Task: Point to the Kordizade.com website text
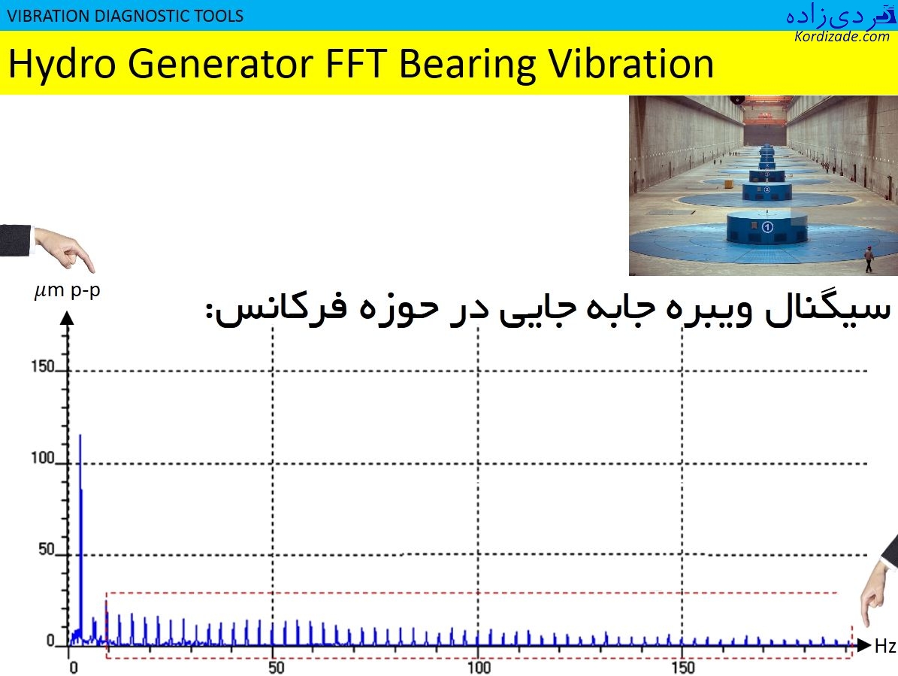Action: click(x=842, y=36)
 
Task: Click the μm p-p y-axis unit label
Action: click(x=67, y=291)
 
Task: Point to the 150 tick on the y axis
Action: click(x=42, y=368)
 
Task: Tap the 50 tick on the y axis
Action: click(x=46, y=550)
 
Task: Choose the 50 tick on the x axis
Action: click(x=275, y=668)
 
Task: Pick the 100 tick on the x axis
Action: click(x=479, y=668)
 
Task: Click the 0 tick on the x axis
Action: click(x=73, y=668)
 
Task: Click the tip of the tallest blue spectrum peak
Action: click(x=80, y=435)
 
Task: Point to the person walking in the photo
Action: click(x=869, y=258)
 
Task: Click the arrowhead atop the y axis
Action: click(x=67, y=318)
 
